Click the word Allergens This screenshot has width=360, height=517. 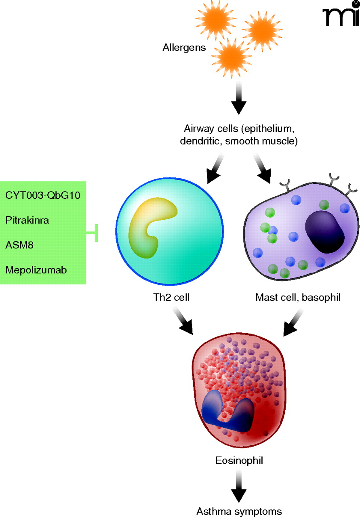[184, 48]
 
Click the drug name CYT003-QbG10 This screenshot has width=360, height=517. [43, 195]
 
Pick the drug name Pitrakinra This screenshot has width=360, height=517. [27, 220]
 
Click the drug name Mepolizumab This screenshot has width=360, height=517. [36, 269]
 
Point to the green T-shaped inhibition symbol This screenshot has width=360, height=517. [93, 233]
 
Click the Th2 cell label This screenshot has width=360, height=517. [169, 298]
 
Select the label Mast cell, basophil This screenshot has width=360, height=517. [298, 298]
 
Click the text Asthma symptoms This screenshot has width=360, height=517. [239, 511]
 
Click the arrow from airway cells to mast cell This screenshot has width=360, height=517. [263, 169]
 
